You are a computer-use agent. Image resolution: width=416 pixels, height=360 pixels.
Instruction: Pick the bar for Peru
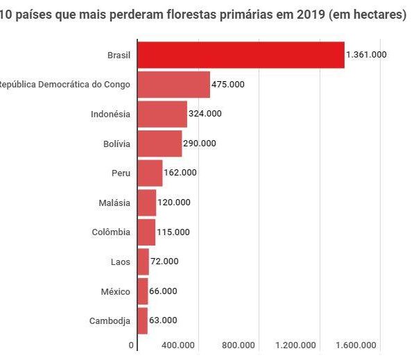click(x=150, y=173)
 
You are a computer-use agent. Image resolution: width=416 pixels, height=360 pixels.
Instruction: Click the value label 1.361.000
click(x=366, y=55)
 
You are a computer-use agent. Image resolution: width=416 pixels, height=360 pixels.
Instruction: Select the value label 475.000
click(x=228, y=85)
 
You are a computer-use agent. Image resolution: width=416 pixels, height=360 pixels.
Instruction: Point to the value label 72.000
click(x=164, y=262)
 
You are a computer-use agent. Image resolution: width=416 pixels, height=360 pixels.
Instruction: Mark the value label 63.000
click(x=164, y=320)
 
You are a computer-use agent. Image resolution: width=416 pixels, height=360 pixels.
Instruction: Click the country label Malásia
click(x=115, y=203)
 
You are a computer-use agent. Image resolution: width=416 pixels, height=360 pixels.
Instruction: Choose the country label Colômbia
click(x=111, y=232)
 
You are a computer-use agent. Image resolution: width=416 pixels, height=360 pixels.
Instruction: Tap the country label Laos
click(x=120, y=262)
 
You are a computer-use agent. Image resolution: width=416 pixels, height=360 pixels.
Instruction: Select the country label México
click(x=115, y=291)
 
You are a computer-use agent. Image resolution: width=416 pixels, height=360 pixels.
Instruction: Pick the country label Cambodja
click(x=110, y=320)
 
